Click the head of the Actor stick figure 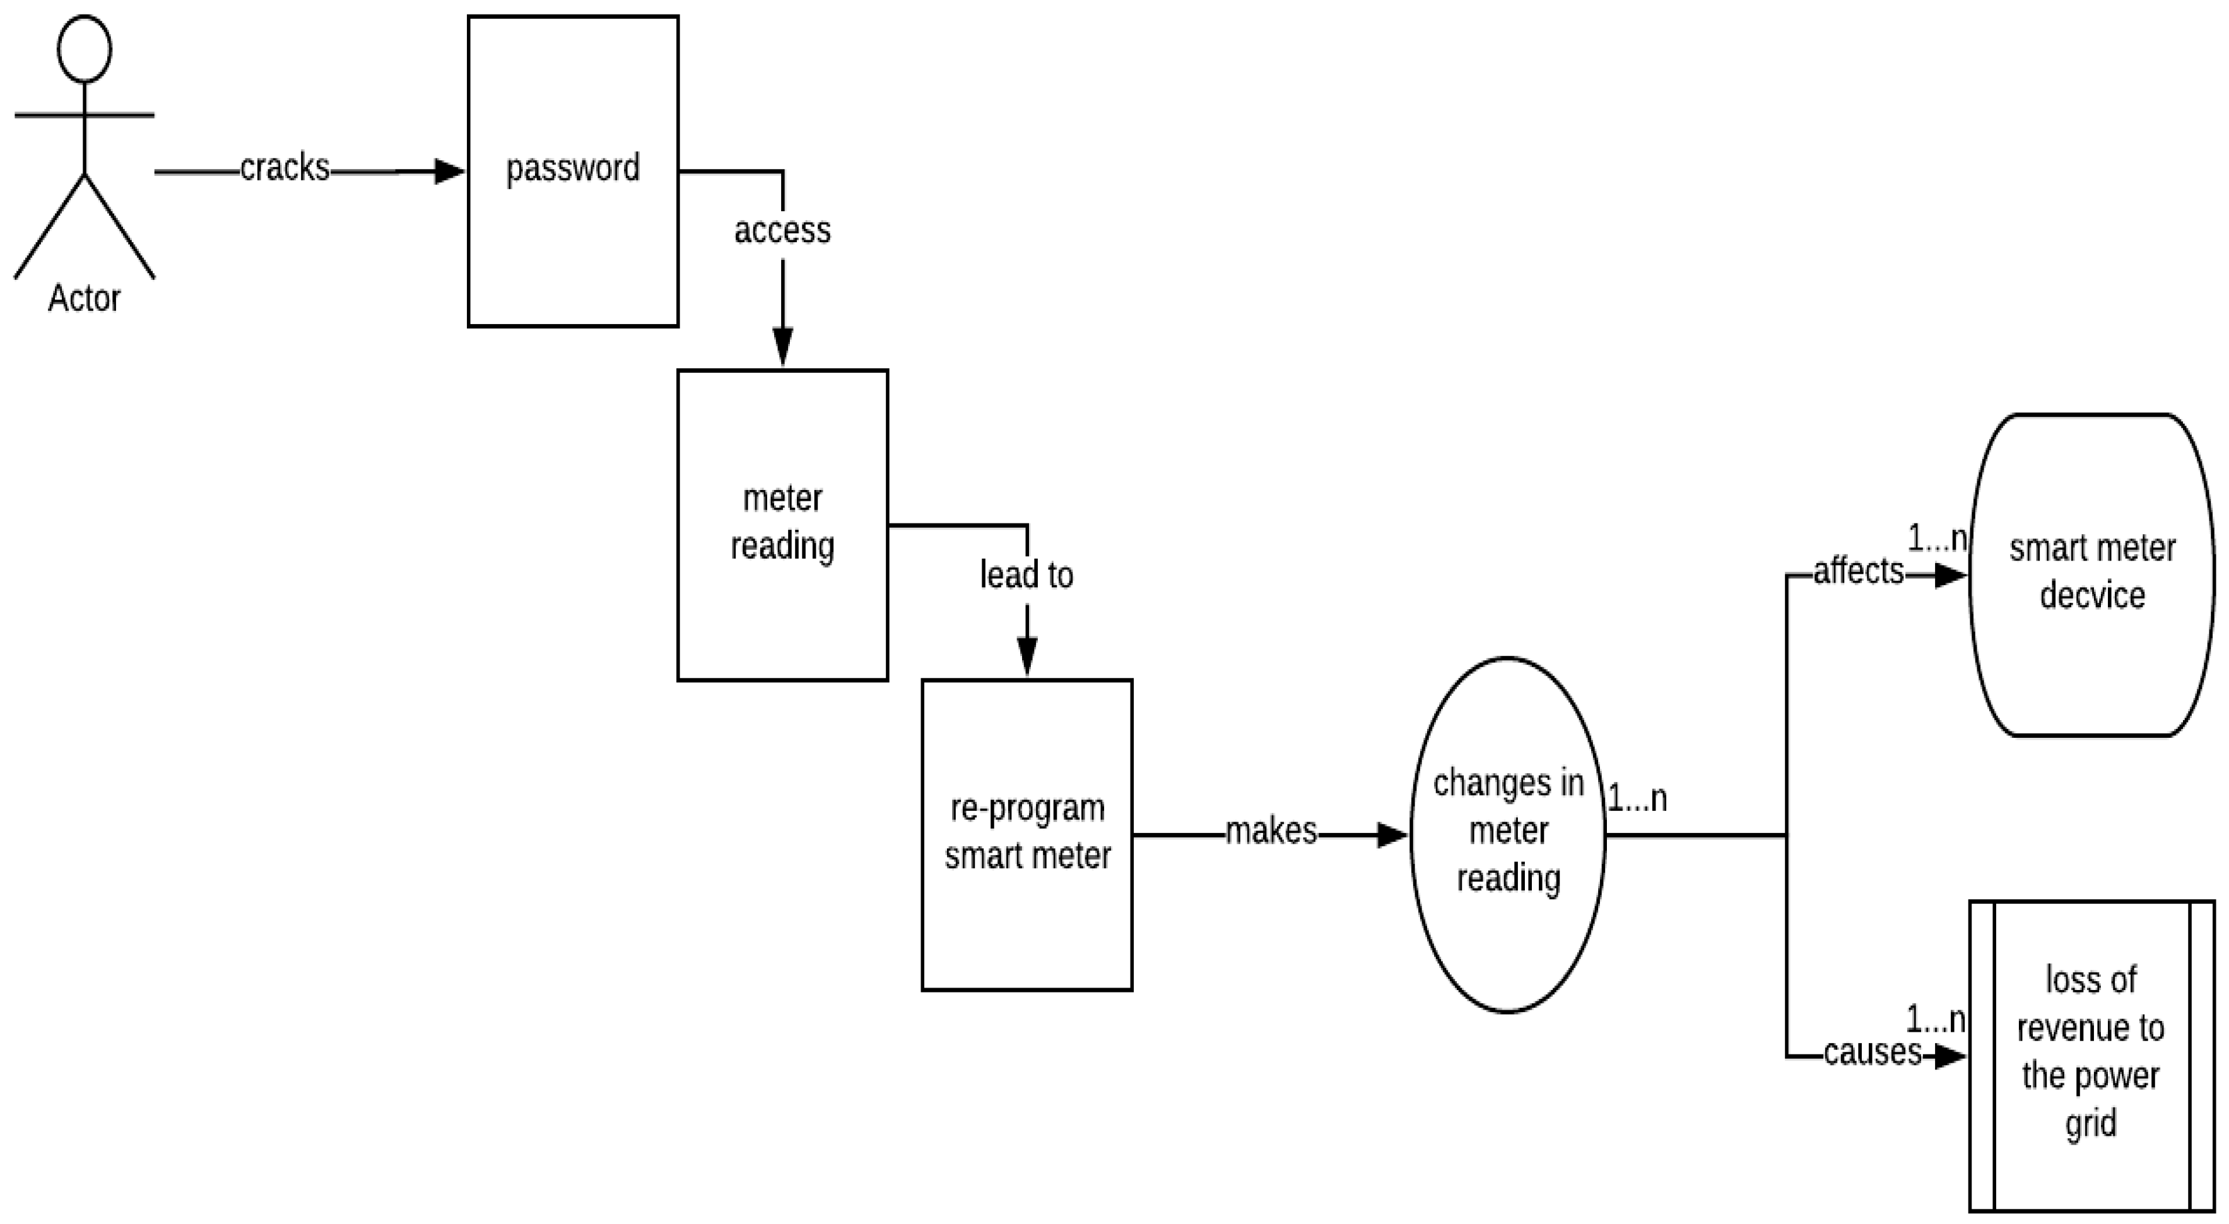(84, 49)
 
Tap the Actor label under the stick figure (84, 298)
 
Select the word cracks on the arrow (285, 168)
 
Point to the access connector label (782, 231)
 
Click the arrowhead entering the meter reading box (782, 347)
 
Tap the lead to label (1026, 575)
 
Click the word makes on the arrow (1271, 831)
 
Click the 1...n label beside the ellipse (1637, 798)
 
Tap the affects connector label (1859, 571)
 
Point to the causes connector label (1873, 1052)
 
